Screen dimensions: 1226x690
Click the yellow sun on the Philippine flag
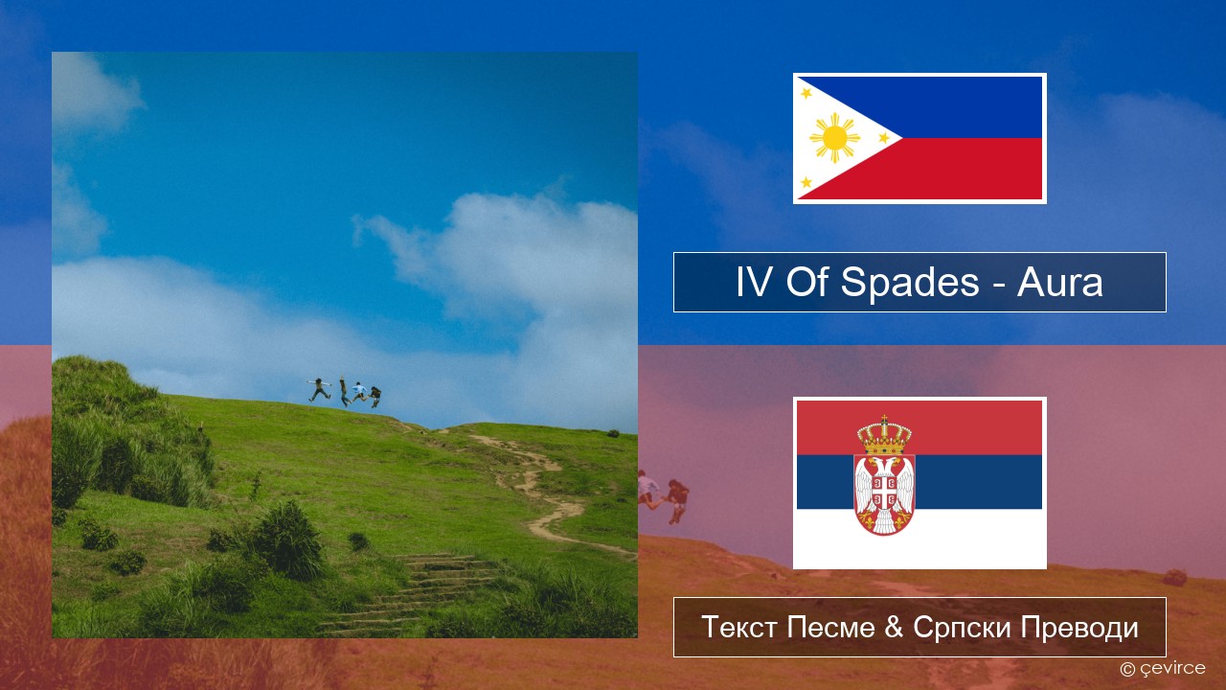pyautogui.click(x=834, y=138)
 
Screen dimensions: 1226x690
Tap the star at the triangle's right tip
pyautogui.click(x=883, y=137)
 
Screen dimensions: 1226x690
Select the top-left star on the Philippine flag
pyautogui.click(x=806, y=93)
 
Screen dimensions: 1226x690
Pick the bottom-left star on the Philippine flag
pyautogui.click(x=806, y=182)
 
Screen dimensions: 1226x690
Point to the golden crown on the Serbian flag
pyautogui.click(x=884, y=435)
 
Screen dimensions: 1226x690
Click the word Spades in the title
pyautogui.click(x=909, y=283)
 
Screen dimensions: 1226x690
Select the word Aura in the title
pyautogui.click(x=1059, y=283)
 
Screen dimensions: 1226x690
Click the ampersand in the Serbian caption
pyautogui.click(x=894, y=627)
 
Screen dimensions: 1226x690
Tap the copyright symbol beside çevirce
pyautogui.click(x=1127, y=669)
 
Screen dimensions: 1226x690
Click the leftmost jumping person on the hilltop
pyautogui.click(x=319, y=389)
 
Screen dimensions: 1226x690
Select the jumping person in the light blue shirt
pyautogui.click(x=359, y=392)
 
